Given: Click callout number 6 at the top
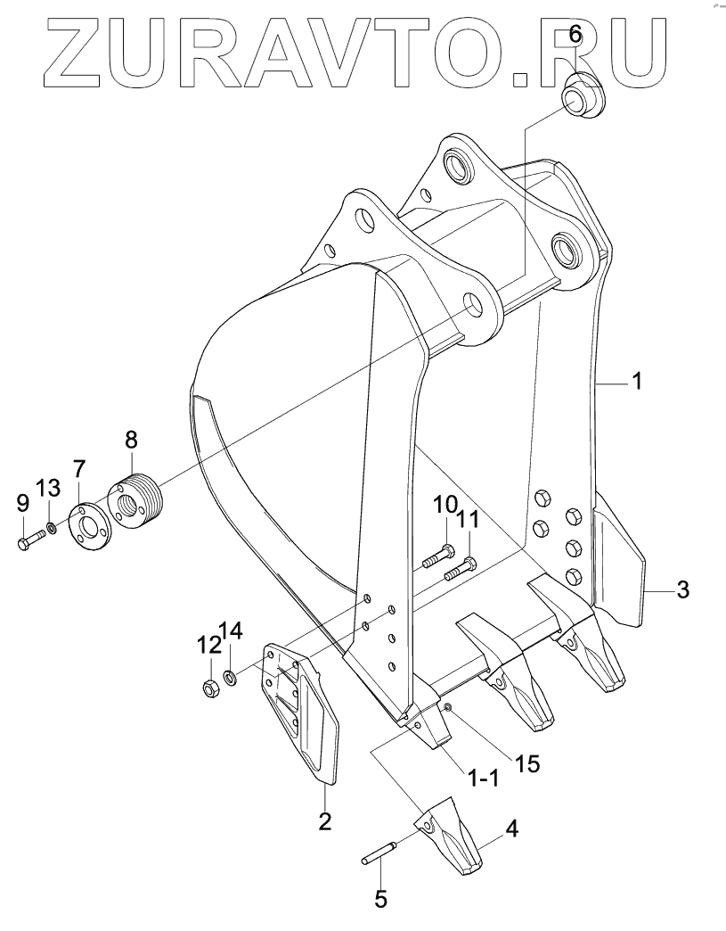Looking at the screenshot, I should pyautogui.click(x=575, y=35).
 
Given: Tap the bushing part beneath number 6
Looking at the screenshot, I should pyautogui.click(x=582, y=95).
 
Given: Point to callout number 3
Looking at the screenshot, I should pyautogui.click(x=681, y=589).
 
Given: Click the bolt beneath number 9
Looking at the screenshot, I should pyautogui.click(x=32, y=540).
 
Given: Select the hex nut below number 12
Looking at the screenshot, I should pyautogui.click(x=211, y=688).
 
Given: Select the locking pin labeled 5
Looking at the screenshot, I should pyautogui.click(x=383, y=853).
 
